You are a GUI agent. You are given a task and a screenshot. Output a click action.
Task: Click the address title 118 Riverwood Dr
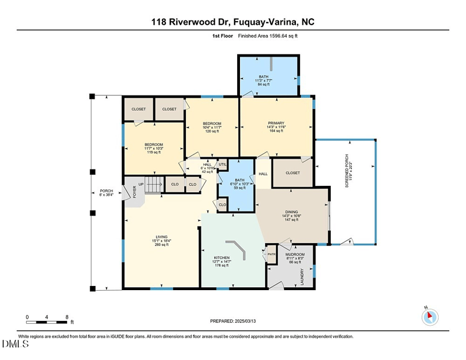pos(233,22)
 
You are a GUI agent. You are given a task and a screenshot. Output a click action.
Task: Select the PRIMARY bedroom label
pos(276,126)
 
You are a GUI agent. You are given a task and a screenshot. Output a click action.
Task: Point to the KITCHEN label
pos(221,261)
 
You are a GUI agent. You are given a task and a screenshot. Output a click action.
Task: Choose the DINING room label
pos(291,216)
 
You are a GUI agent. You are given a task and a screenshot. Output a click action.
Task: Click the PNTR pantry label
pos(271,255)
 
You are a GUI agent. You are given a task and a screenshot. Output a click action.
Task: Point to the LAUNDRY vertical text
pos(301,276)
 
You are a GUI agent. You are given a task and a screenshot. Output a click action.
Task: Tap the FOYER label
pos(135,192)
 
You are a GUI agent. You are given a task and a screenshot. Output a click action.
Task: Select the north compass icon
pos(429,317)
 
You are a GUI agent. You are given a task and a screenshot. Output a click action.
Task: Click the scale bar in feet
pos(48,319)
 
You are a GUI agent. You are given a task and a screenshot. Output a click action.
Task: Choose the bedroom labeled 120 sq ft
pos(212,127)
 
